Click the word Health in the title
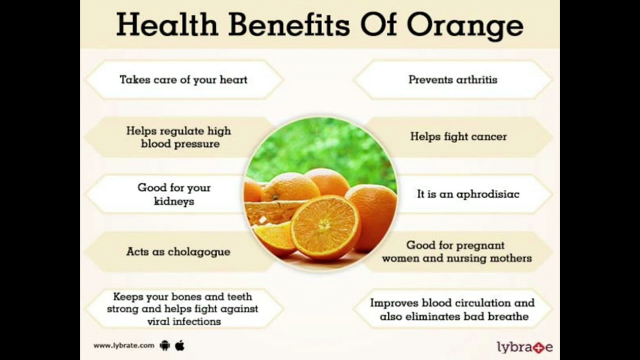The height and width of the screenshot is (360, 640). coord(167,25)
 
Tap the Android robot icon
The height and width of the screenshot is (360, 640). coord(165,345)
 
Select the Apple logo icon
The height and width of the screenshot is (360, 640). coord(179,345)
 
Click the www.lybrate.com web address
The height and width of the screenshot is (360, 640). coord(123,345)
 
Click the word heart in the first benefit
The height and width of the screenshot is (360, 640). coord(233,79)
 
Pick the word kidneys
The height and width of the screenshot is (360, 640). coord(174,201)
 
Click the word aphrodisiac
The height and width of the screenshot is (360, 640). coord(488,194)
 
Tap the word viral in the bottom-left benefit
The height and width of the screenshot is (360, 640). coord(156,321)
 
